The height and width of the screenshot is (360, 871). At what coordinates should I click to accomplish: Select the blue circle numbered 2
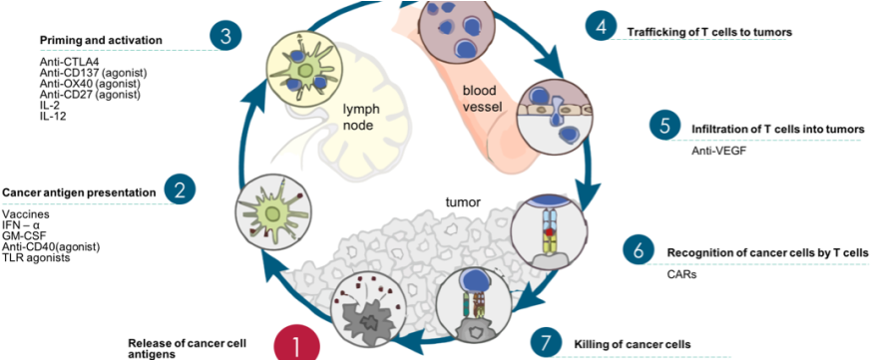[179, 189]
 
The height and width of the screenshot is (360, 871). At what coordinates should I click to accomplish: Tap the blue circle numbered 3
[226, 37]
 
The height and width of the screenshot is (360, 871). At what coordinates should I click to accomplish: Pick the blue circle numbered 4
[600, 27]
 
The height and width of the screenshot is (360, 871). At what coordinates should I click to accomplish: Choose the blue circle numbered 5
[664, 126]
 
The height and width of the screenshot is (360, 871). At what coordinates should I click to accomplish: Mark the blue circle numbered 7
[545, 343]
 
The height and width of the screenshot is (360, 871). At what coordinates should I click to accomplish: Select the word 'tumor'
[463, 202]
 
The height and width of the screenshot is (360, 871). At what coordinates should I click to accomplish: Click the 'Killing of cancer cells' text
[632, 345]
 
